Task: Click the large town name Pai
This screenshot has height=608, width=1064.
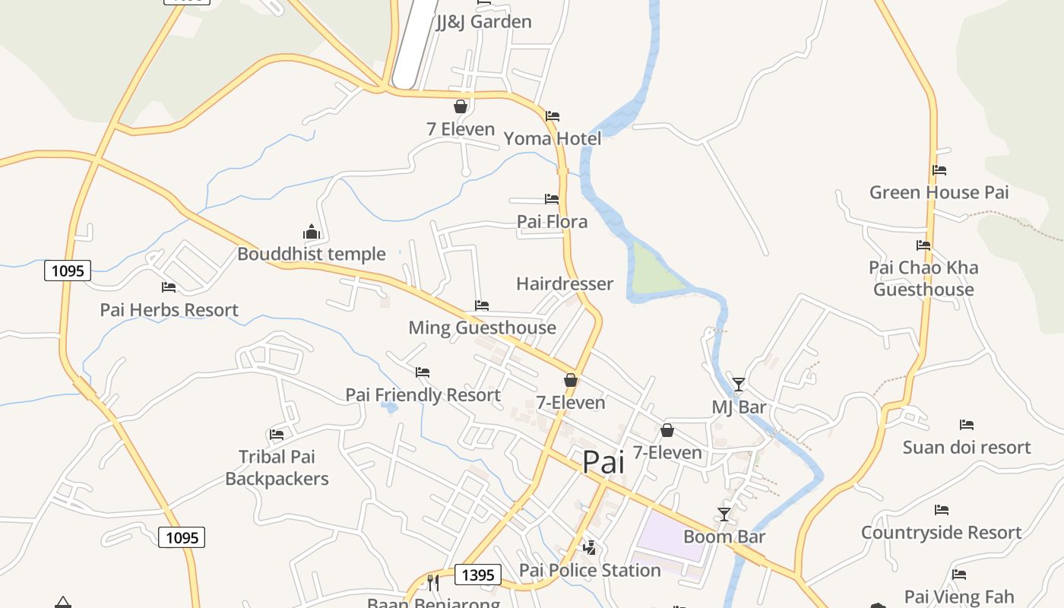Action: [603, 462]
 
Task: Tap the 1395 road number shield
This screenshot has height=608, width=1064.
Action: [478, 575]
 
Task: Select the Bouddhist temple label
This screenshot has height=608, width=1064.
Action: [311, 254]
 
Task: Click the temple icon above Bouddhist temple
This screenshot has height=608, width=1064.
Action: [311, 232]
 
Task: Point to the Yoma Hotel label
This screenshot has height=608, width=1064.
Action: [553, 138]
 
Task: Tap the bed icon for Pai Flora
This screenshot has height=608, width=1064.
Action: [552, 199]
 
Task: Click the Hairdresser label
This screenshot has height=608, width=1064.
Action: [564, 283]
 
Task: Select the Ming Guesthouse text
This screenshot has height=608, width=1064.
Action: [482, 328]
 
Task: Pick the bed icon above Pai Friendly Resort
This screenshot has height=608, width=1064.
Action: [423, 372]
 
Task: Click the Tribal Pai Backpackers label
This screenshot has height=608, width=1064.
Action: [277, 467]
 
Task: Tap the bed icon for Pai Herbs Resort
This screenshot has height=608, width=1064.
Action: [169, 287]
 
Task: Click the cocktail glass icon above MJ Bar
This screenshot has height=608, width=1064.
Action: [738, 385]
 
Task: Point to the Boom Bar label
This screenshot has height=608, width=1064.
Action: [724, 537]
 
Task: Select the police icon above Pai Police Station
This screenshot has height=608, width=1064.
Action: [589, 547]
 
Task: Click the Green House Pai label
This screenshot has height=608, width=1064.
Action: [939, 192]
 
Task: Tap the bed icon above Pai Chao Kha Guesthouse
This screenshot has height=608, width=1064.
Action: [923, 245]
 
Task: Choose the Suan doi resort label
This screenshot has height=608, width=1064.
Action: [966, 447]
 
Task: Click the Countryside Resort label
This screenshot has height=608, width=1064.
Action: [941, 532]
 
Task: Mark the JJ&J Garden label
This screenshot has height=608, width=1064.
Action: [483, 21]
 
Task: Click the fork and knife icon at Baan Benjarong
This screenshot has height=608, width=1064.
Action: [433, 583]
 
